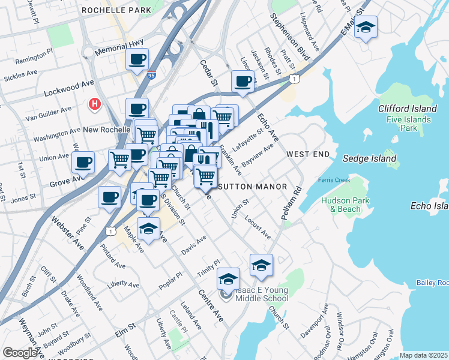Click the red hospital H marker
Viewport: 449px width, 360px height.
point(94,104)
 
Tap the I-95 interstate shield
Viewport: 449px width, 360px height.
point(150,74)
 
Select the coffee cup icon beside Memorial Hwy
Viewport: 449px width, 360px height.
point(137,59)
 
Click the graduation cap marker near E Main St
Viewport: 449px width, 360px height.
point(365,28)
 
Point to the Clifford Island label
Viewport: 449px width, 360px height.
point(407,109)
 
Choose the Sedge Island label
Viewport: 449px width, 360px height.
point(369,159)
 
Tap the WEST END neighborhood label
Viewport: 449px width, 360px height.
point(308,154)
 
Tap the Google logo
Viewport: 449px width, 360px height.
point(20,352)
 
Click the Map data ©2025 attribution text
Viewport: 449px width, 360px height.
point(424,355)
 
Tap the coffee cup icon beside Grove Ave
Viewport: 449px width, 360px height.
point(83,162)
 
